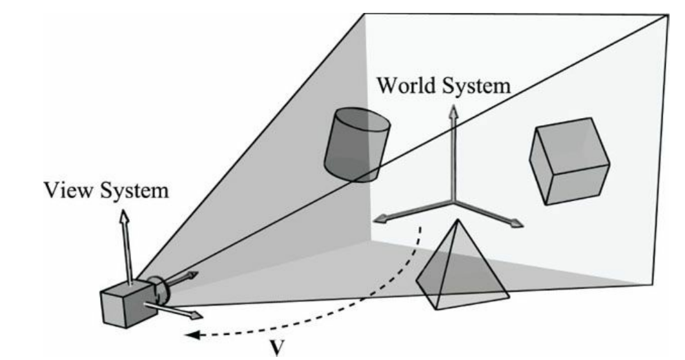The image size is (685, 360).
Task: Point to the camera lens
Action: pos(159,290)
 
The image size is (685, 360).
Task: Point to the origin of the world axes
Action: pos(454,203)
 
